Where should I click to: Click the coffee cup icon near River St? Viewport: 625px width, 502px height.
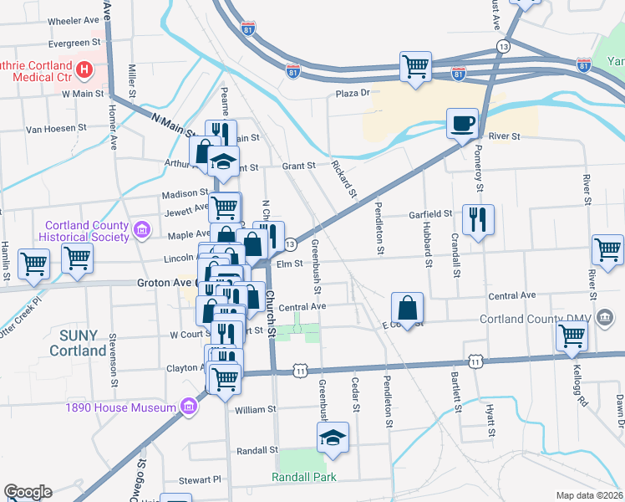click(x=462, y=124)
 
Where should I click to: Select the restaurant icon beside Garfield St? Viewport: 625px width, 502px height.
click(x=478, y=220)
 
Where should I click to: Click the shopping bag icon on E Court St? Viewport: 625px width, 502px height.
click(x=407, y=308)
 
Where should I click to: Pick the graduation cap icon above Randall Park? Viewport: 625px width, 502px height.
click(x=333, y=438)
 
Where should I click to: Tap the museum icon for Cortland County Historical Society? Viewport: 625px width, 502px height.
click(x=142, y=228)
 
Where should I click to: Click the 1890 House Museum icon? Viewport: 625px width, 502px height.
click(x=189, y=407)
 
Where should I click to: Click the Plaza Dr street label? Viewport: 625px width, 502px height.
click(x=353, y=94)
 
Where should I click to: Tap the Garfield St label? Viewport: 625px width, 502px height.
click(x=430, y=214)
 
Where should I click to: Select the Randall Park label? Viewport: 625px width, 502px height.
click(x=304, y=477)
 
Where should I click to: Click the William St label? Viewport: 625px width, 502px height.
click(x=255, y=410)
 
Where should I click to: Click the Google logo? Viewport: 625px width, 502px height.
click(x=28, y=492)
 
